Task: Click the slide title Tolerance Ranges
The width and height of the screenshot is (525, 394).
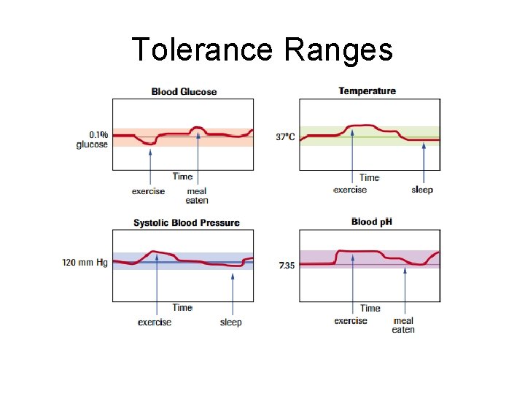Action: click(262, 50)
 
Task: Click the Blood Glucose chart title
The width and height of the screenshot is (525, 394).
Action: click(184, 91)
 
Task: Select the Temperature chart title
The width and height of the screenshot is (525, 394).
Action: click(367, 90)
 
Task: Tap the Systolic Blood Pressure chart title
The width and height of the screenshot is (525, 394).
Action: click(186, 223)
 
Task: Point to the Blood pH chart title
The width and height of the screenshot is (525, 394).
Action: click(372, 221)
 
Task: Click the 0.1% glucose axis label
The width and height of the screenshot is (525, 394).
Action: click(93, 139)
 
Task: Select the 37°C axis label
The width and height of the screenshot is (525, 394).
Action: click(285, 136)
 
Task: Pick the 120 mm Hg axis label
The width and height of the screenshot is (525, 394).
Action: click(85, 262)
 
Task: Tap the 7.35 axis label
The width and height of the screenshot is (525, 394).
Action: click(287, 266)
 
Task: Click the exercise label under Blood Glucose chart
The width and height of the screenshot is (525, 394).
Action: click(148, 191)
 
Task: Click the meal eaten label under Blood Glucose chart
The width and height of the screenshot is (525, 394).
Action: click(197, 196)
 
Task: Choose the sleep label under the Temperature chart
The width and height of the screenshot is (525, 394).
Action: click(422, 190)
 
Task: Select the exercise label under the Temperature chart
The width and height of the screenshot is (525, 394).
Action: click(350, 190)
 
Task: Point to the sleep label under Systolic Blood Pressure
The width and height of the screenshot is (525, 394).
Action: click(230, 322)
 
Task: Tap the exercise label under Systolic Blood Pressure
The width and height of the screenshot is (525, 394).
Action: click(155, 322)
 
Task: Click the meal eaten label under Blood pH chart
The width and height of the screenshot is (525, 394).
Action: click(403, 325)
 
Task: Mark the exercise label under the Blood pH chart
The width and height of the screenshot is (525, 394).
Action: click(351, 320)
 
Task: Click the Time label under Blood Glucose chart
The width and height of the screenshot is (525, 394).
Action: click(182, 176)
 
